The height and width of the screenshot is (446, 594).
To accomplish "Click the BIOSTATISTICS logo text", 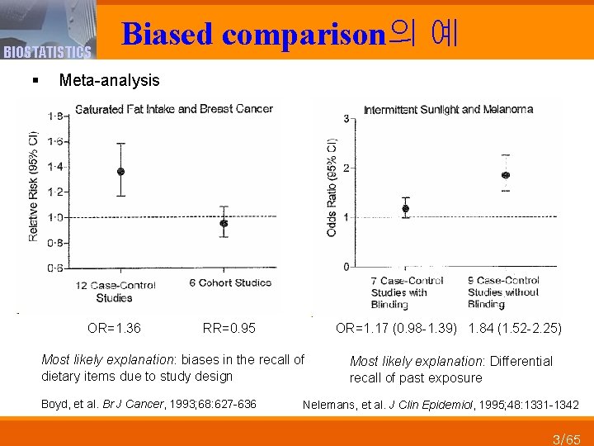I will coord(46,53).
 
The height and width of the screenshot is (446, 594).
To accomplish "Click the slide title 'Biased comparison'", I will coord(254,34).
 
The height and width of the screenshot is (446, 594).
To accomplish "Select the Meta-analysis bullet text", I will coord(110,80).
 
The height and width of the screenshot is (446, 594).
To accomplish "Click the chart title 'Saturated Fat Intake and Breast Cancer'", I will coord(174,108).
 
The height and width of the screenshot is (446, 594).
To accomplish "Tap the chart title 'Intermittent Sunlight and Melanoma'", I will coord(448,109).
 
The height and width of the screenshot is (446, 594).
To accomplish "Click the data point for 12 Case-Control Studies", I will coord(121,172).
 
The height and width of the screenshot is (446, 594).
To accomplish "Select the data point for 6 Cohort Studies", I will coord(224,223).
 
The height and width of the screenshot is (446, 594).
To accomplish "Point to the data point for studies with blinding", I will coord(405,208).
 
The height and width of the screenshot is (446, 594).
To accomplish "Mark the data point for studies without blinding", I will coord(506,175).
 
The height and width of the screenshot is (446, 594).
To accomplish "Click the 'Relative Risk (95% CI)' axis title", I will coord(34,186).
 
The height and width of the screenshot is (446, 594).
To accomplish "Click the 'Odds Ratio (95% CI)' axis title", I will coord(332,188).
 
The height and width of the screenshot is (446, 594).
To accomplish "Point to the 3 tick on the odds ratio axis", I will coord(346,119).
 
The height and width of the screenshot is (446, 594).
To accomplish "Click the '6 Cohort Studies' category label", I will coord(230,283).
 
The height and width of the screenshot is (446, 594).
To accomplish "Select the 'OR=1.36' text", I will coord(114,329).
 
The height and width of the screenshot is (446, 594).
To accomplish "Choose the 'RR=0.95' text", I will coord(229,329).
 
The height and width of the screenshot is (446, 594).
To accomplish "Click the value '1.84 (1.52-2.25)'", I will coord(515,329).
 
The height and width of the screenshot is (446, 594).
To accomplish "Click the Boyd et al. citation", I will coord(148,404).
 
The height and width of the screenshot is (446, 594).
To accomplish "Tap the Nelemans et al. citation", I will coord(441,405).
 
